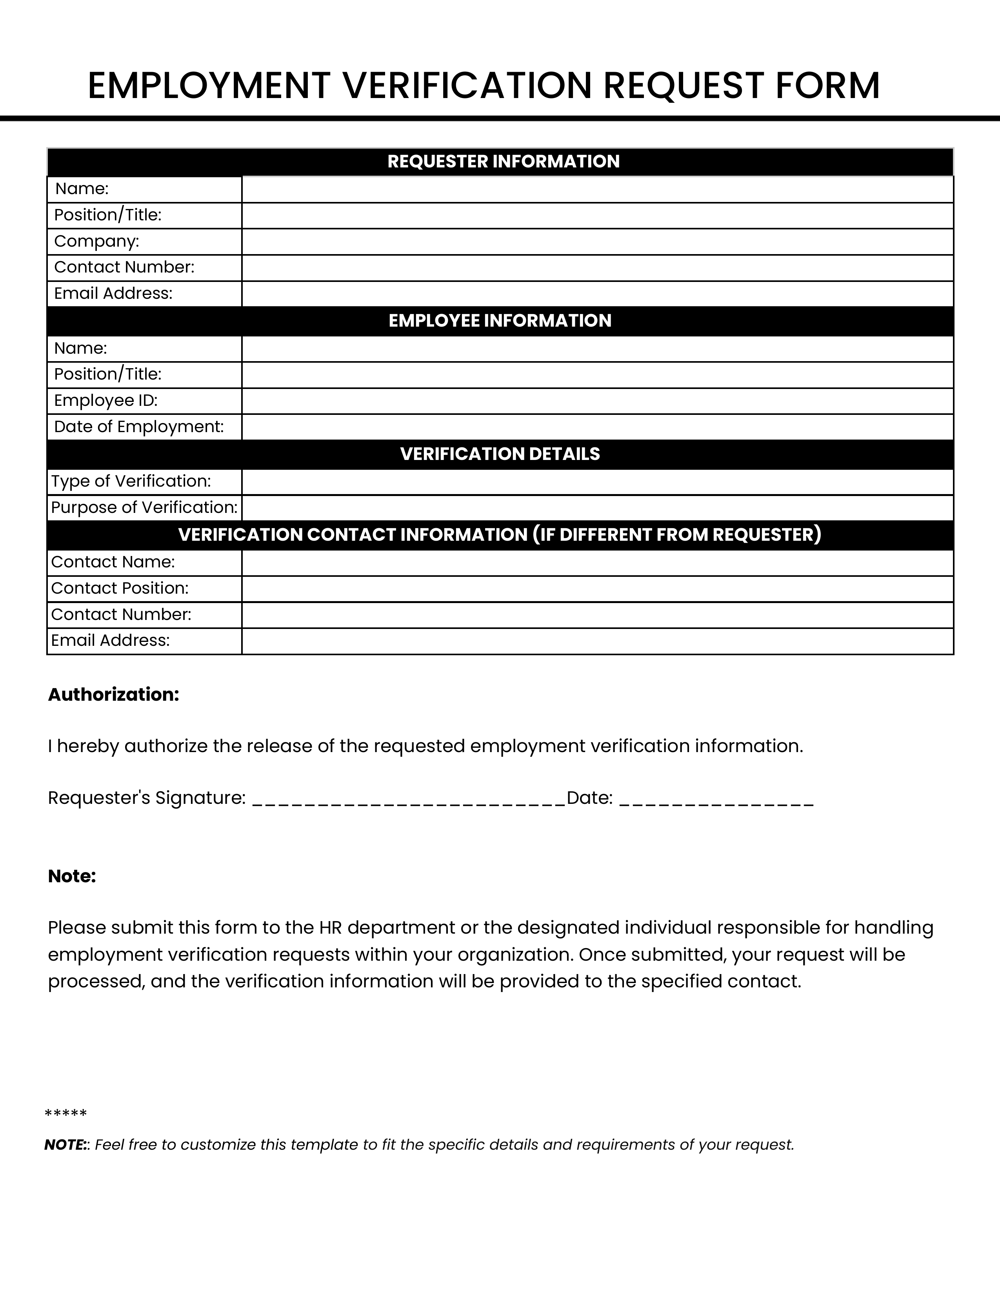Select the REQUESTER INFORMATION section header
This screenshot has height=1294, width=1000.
[x=503, y=162]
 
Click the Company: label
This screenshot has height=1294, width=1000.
[x=96, y=241]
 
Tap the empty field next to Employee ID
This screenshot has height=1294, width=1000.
[x=597, y=401]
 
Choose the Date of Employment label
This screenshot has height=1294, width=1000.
[x=138, y=427]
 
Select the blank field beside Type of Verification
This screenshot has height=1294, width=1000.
[x=597, y=482]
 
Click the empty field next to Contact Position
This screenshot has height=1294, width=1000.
[x=597, y=589]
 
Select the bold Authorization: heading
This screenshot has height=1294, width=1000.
[x=113, y=694]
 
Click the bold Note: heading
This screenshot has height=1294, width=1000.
[x=72, y=876]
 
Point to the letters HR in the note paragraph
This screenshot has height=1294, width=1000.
[x=331, y=928]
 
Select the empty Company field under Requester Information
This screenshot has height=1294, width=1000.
[x=597, y=242]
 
